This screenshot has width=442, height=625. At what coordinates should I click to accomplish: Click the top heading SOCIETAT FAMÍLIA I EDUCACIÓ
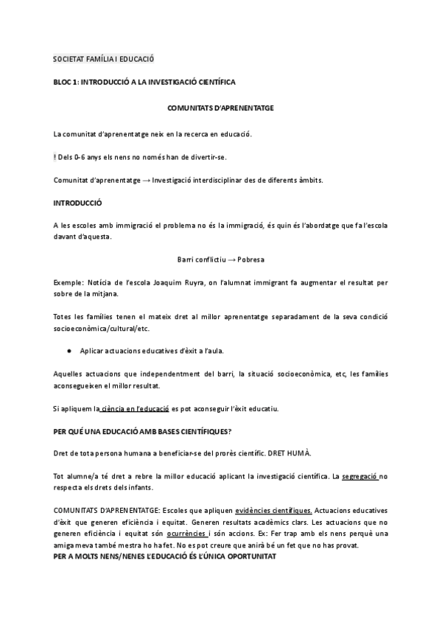[104, 58]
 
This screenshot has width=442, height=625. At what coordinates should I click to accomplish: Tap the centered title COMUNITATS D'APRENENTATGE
[221, 108]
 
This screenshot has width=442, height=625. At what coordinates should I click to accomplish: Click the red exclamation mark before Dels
[55, 157]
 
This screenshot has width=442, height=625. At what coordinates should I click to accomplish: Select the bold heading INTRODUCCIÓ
[78, 203]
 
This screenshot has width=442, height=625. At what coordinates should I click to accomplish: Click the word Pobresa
[251, 260]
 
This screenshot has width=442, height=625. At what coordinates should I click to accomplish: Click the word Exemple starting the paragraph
[69, 282]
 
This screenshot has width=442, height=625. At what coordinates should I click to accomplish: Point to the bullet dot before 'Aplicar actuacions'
[69, 349]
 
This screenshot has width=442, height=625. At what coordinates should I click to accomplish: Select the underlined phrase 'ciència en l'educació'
[136, 408]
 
